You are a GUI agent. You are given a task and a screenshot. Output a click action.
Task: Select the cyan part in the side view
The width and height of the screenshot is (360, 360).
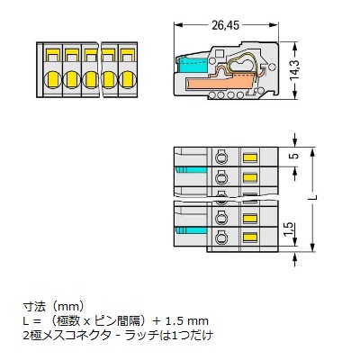[191, 69]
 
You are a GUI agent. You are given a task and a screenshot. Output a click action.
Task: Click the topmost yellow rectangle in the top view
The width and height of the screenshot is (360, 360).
[249, 157]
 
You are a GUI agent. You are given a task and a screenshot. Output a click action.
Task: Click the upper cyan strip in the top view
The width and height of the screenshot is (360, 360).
[184, 169]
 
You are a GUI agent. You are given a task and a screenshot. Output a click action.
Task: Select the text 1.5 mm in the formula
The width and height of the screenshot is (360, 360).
[187, 319]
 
